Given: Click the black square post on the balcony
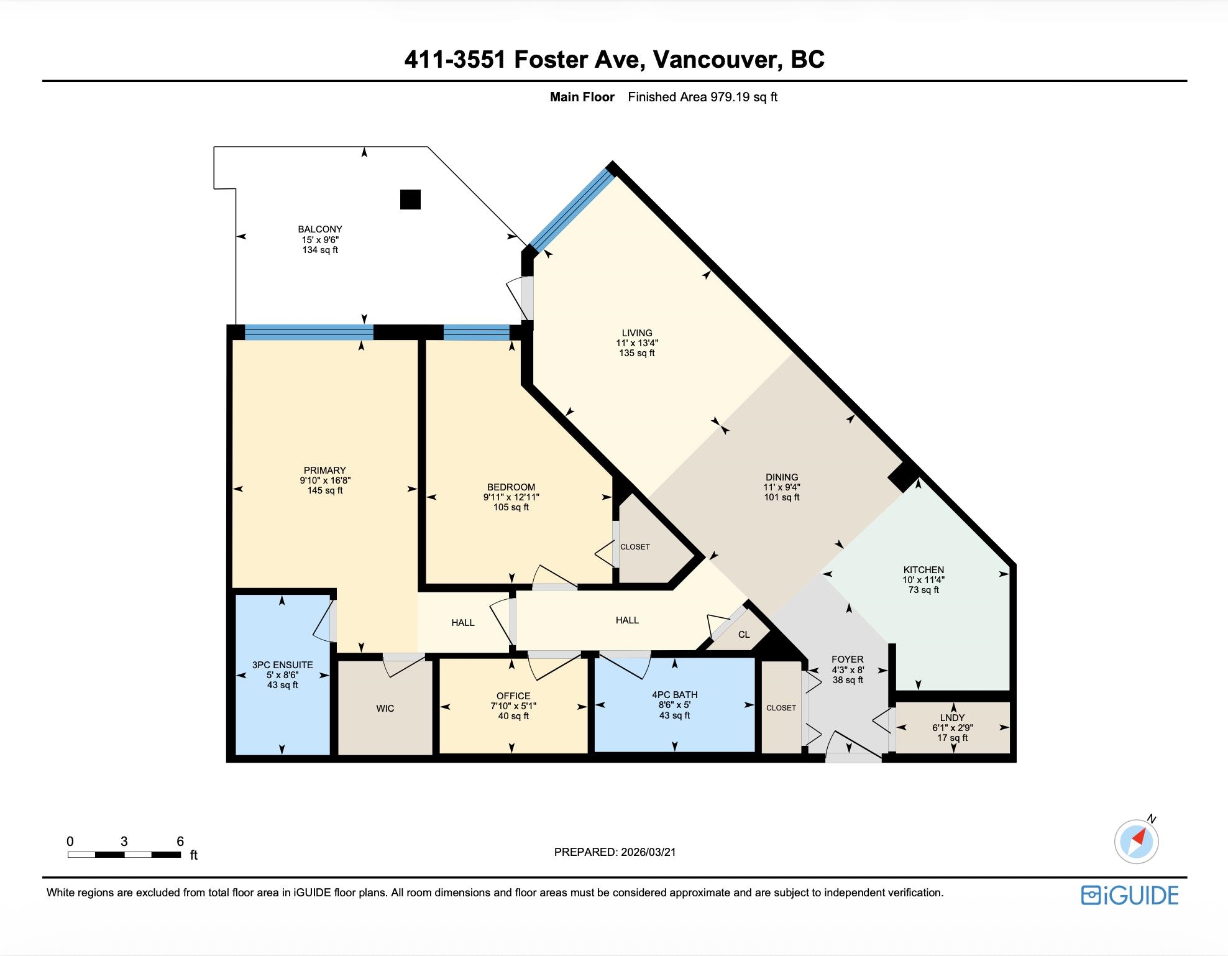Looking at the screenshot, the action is tap(410, 199).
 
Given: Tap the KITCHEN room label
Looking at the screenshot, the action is tap(923, 569).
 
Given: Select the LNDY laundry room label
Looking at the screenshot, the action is tap(952, 717).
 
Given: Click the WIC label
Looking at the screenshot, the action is tap(385, 708).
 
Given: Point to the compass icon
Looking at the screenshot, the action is tap(1137, 841).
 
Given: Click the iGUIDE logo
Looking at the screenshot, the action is tap(1130, 895).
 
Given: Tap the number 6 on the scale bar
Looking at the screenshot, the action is tap(180, 841).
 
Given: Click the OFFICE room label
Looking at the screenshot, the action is tap(513, 696).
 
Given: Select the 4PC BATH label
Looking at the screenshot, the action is tap(674, 694).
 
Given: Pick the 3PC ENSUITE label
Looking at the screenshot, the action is tap(283, 664).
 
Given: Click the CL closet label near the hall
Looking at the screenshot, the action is tap(744, 635).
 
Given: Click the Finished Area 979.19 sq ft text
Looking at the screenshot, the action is tap(703, 97).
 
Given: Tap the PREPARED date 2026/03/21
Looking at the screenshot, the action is tap(648, 852).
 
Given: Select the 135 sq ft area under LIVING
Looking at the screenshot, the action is tap(637, 353).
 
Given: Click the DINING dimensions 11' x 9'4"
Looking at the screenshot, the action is tap(782, 487).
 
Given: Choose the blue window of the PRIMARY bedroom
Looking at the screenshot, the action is tap(309, 333).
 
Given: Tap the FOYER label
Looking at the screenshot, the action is tap(848, 659).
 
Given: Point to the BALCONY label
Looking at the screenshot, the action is tap(320, 229).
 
